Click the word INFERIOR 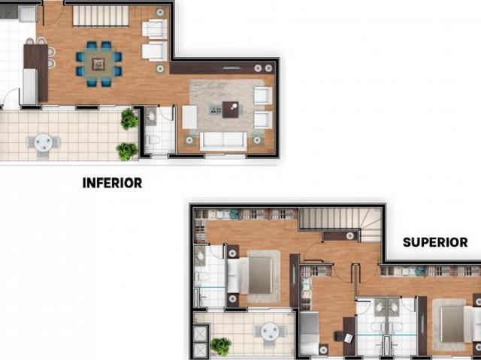(112, 182)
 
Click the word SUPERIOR (435, 242)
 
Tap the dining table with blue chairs (98, 64)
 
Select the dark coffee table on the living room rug (230, 109)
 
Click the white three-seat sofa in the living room (222, 139)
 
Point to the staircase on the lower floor (101, 16)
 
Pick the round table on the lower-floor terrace (43, 142)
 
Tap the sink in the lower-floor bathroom (150, 115)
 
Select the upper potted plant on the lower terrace (129, 118)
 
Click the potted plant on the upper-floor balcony (220, 346)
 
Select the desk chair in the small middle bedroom (348, 338)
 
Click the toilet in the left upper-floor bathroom (201, 278)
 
